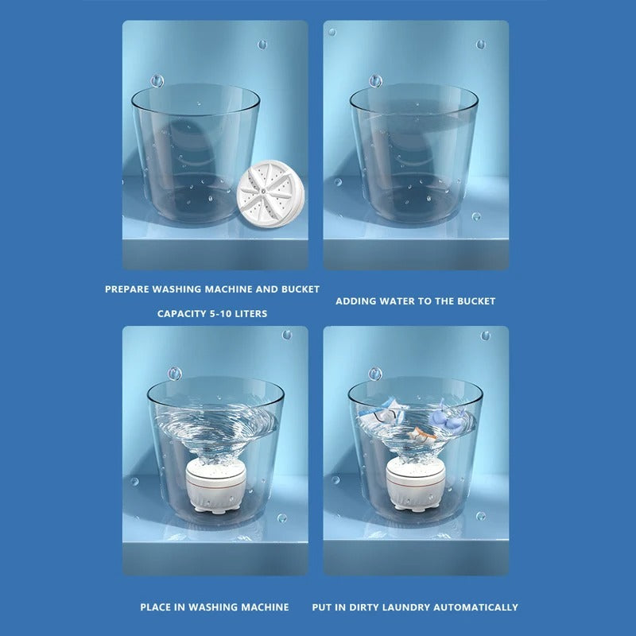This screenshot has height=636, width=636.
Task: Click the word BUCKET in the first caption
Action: point(300,289)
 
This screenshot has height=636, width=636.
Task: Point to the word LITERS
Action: point(251,314)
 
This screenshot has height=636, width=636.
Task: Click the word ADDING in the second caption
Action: point(355,301)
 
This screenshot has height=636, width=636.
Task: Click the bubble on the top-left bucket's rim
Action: point(157,80)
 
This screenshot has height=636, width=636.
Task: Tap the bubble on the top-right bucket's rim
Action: point(375,81)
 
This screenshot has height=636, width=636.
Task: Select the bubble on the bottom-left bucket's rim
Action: point(174,374)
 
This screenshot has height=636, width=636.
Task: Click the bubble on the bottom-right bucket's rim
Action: point(375,374)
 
